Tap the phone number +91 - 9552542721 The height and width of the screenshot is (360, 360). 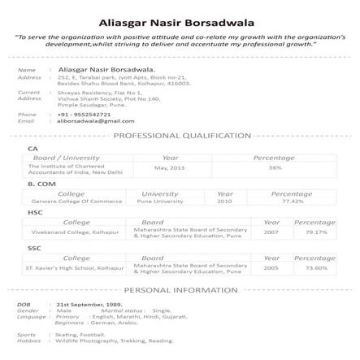(x=84, y=115)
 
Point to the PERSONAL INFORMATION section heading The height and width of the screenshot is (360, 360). (x=181, y=290)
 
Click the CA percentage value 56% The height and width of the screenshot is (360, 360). (x=275, y=167)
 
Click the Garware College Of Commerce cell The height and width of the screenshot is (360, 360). (x=72, y=201)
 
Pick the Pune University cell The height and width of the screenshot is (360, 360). (x=159, y=201)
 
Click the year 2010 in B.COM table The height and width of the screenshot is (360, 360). (x=225, y=201)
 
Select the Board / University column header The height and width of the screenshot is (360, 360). (x=66, y=158)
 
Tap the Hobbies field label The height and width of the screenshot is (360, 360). (x=28, y=340)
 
